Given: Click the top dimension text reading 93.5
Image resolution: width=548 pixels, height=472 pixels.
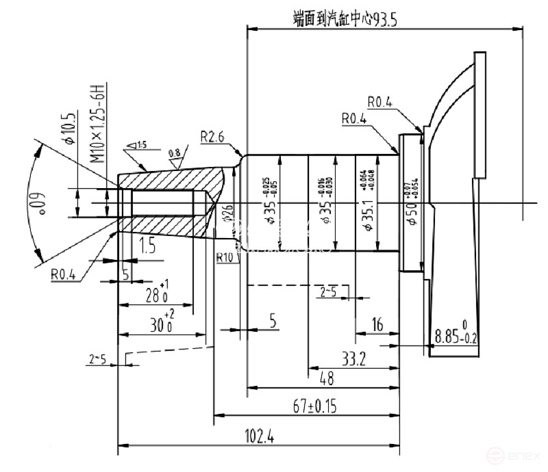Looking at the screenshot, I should tap(383, 19).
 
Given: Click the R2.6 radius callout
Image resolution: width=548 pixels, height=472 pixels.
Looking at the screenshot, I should tap(214, 136).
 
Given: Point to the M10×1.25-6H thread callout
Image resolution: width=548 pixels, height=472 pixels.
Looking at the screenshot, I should tap(97, 123).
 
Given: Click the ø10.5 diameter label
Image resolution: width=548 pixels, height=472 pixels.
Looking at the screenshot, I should tap(68, 130).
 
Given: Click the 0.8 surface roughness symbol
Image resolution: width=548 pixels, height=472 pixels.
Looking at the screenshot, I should tap(175, 157).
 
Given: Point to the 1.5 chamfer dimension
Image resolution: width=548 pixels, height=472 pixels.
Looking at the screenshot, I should tap(148, 245).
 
